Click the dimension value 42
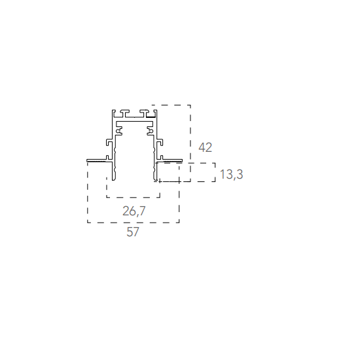click(205, 147)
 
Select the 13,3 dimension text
click(231, 174)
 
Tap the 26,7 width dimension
click(134, 211)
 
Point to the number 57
click(133, 232)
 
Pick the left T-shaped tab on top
click(124, 113)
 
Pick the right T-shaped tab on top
click(144, 113)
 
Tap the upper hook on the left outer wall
click(109, 142)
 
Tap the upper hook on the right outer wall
click(160, 142)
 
